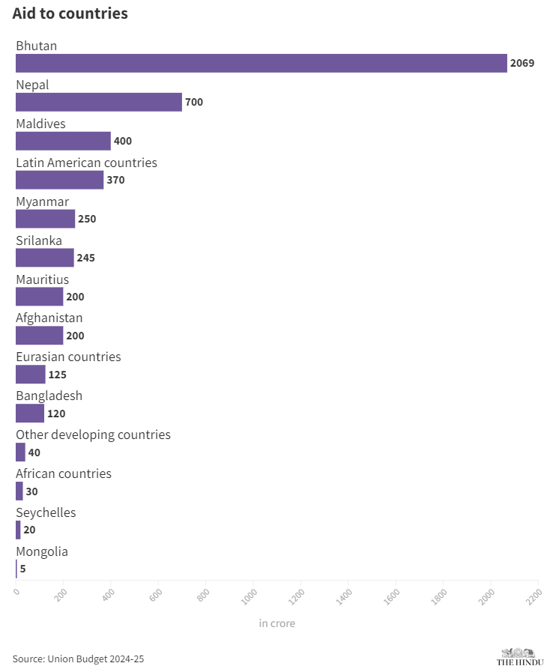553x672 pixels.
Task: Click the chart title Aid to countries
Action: point(70,14)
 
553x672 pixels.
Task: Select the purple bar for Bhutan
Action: point(261,63)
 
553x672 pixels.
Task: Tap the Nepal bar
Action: point(98,102)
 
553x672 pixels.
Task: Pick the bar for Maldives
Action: point(63,141)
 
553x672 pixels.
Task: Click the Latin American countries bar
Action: point(59,180)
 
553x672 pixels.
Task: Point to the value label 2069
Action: point(522,63)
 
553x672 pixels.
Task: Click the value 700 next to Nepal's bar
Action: point(194,102)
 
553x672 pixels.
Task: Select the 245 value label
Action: point(86,258)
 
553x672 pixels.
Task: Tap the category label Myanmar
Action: point(42,202)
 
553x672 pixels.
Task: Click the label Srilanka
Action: point(39,240)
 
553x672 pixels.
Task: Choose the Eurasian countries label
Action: point(68,357)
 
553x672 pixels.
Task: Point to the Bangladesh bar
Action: point(30,414)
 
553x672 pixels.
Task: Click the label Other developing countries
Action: point(93,435)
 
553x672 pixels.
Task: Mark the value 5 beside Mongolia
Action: point(23,569)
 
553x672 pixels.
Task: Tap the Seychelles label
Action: point(46,512)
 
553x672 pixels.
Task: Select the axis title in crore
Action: point(277,623)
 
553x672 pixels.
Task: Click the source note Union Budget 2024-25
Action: point(78,659)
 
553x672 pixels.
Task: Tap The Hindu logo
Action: point(520,657)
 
